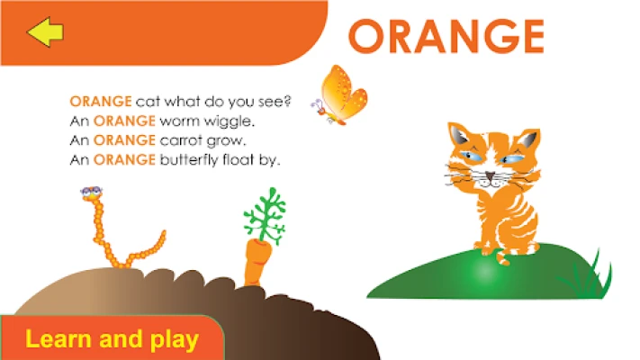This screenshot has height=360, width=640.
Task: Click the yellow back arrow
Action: (x=45, y=31)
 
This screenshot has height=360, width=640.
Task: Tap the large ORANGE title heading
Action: (x=446, y=36)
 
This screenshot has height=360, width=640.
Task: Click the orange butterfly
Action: (x=340, y=94)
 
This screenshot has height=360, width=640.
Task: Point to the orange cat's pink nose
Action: (x=490, y=175)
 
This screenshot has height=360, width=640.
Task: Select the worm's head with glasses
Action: (x=92, y=193)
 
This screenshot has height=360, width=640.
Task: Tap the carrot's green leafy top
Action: (x=266, y=215)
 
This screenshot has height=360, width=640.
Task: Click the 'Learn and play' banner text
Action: (x=112, y=339)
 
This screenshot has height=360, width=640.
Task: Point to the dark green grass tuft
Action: (x=588, y=274)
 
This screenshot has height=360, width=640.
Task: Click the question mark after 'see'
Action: (x=288, y=101)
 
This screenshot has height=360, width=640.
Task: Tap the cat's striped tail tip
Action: (x=503, y=259)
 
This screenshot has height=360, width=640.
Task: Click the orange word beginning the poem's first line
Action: (x=101, y=101)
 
